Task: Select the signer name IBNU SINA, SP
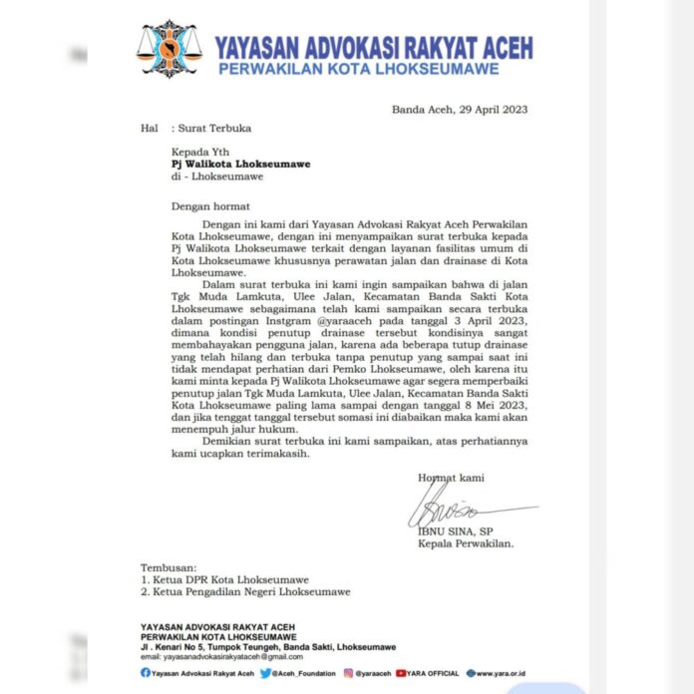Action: pos(460,531)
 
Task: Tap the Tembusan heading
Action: pos(169,566)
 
